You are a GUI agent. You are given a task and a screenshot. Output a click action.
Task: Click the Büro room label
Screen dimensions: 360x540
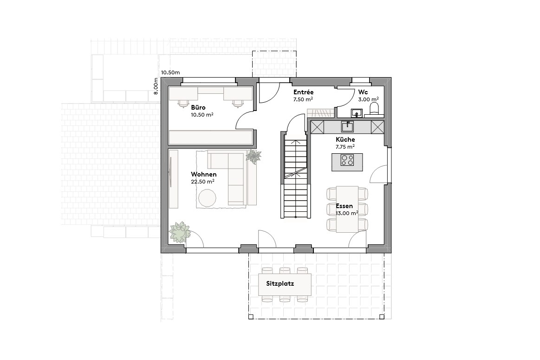click(x=198, y=107)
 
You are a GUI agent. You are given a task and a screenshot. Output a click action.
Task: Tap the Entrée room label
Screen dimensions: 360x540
click(x=303, y=92)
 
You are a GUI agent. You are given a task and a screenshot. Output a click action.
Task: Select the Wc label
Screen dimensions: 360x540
click(x=363, y=92)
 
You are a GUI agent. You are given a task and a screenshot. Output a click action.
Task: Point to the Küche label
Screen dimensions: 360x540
click(x=345, y=139)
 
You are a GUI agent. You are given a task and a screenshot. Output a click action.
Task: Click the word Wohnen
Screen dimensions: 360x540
click(x=203, y=175)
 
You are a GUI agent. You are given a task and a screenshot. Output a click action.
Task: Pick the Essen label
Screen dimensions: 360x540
click(x=345, y=206)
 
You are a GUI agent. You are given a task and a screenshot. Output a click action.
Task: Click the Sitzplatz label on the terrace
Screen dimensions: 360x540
click(x=280, y=283)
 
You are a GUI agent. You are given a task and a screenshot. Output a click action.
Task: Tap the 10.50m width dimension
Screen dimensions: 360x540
click(x=170, y=72)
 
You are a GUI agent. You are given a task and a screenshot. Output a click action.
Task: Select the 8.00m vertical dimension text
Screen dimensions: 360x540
click(x=156, y=86)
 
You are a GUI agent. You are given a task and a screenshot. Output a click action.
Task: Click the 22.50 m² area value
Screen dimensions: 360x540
click(x=202, y=182)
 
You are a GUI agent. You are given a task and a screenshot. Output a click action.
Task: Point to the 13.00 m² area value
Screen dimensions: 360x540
click(x=347, y=213)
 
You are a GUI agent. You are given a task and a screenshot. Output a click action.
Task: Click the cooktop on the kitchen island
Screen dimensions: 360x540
click(x=347, y=160)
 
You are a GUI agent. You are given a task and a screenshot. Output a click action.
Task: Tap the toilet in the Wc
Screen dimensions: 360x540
click(x=374, y=110)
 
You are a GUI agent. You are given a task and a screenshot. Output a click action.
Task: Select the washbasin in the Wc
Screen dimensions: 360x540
click(x=357, y=112)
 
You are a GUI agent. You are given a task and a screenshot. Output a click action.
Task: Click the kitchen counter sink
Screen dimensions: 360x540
click(x=347, y=126)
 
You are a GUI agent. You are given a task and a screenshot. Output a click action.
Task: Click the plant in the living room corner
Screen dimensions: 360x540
click(x=180, y=232)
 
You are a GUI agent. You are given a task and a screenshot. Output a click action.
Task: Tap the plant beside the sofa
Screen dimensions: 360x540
click(x=254, y=156)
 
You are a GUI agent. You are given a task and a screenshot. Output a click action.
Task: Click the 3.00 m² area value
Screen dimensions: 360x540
click(x=368, y=99)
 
